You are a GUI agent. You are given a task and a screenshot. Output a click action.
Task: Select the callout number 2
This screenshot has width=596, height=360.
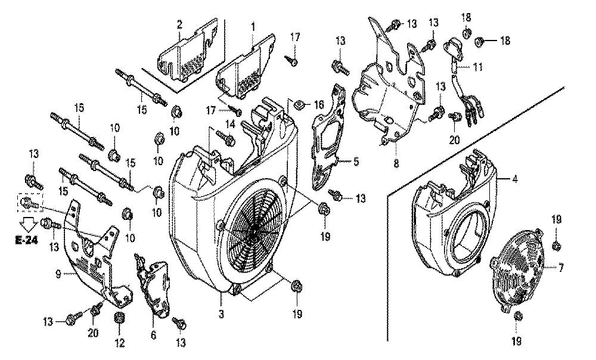coord(179,24)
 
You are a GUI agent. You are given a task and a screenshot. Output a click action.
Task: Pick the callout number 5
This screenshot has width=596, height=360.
coord(355,161)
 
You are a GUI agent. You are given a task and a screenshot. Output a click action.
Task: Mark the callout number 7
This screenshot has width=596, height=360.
coord(561,269)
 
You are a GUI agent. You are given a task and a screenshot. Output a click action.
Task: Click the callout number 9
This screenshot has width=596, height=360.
coord(57,274)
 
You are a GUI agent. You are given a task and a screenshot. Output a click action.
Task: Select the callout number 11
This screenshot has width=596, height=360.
coord(478,67)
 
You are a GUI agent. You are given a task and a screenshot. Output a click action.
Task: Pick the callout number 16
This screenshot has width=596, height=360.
coord(319,104)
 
